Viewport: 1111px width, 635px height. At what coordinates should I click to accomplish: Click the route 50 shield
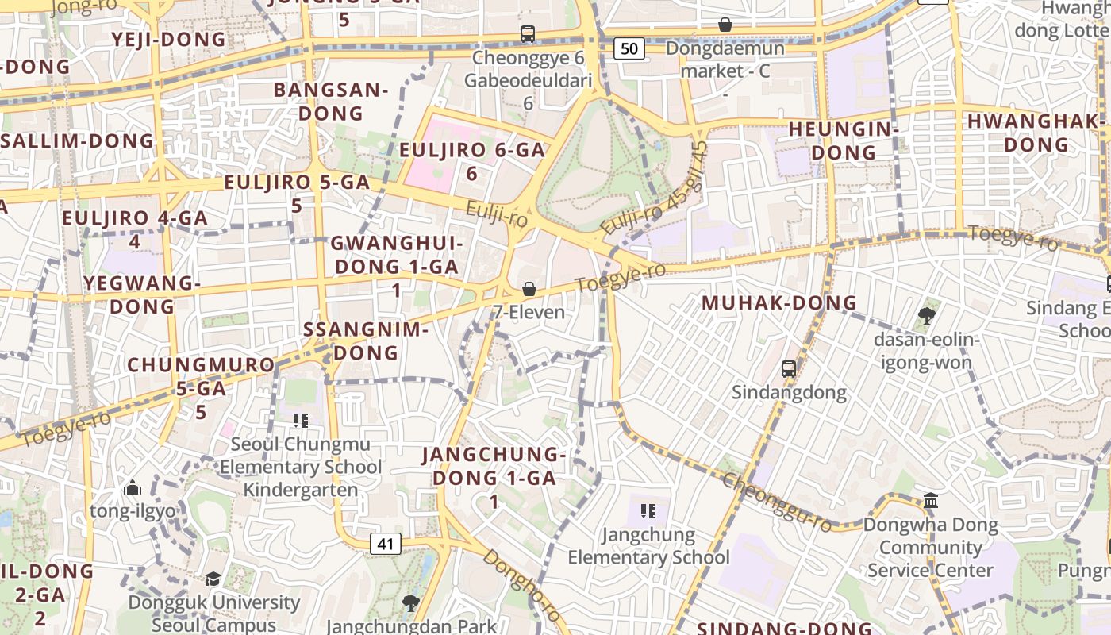point(629,48)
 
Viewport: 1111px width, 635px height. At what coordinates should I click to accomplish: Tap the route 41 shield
point(385,544)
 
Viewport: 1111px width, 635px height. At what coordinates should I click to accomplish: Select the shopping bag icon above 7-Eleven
point(529,289)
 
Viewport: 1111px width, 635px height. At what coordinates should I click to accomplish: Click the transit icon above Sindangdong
point(788,368)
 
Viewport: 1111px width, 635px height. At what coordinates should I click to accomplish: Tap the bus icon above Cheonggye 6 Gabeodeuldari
point(528,34)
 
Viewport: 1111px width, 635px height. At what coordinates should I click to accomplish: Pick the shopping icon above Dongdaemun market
point(725,25)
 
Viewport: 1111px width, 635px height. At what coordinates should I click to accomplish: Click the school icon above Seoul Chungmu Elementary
point(300,420)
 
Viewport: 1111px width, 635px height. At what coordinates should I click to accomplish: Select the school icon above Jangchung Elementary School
point(648,510)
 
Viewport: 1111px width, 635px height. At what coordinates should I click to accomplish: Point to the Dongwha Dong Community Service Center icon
point(931,500)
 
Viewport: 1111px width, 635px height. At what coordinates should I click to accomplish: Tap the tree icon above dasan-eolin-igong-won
point(926,316)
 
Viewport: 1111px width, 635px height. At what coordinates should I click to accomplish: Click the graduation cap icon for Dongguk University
point(213,579)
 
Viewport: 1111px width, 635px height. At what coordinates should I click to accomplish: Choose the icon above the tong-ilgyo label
point(133,487)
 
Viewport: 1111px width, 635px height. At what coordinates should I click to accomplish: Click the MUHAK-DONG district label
point(779,302)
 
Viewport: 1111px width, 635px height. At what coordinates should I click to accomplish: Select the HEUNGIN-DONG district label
point(844,140)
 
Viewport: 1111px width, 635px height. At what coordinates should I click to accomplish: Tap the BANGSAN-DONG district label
point(331,101)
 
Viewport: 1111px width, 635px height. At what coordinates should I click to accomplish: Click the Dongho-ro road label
point(521,586)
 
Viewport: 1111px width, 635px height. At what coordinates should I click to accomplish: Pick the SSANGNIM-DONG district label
point(366,341)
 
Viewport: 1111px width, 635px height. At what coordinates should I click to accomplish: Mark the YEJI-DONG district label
point(168,39)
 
